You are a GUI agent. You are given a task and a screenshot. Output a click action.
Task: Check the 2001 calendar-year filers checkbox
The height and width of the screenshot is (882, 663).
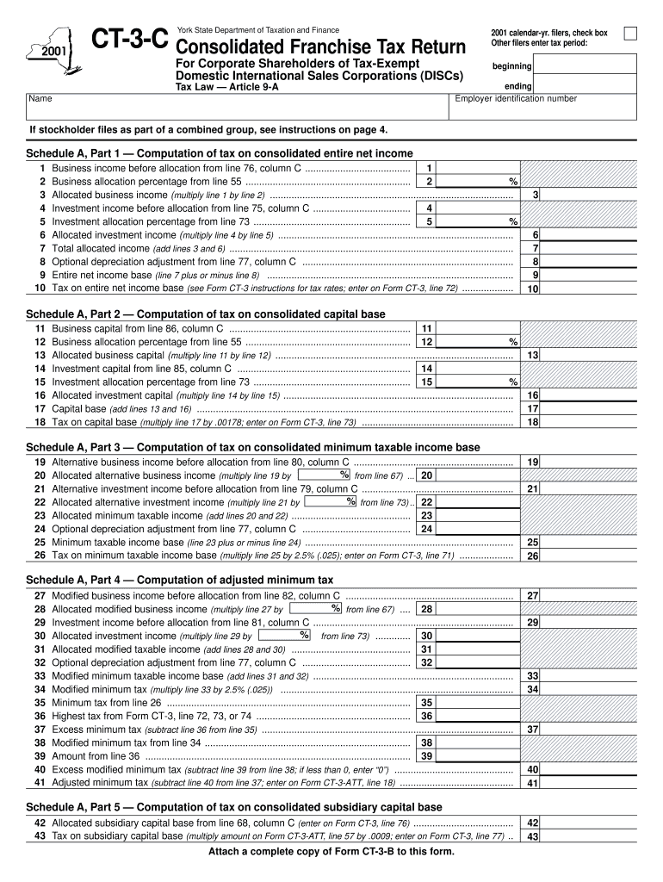tap(630, 34)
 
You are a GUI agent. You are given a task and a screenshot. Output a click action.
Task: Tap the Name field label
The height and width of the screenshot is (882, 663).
tap(40, 98)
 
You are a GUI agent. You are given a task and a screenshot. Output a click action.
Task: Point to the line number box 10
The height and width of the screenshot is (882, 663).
tap(533, 289)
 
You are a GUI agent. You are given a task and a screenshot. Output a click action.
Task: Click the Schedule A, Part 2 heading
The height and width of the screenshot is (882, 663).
tap(206, 314)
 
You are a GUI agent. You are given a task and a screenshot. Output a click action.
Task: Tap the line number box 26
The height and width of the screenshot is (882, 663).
tap(533, 556)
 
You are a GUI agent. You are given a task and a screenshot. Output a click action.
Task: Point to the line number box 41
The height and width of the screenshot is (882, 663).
tap(533, 783)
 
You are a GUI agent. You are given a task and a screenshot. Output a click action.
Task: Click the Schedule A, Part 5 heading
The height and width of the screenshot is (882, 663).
tap(233, 807)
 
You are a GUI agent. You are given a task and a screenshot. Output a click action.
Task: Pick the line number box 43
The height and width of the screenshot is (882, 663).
tap(533, 836)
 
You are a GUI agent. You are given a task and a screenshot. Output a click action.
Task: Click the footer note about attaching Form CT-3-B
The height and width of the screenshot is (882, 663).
tap(331, 852)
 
